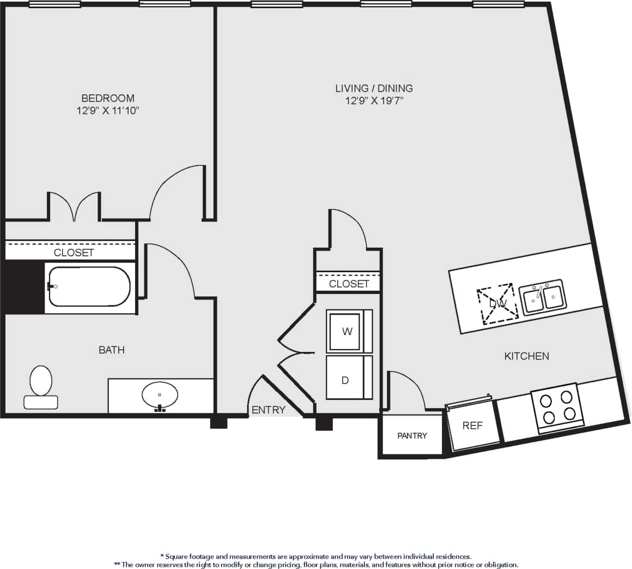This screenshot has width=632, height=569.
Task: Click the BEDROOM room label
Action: (108, 98)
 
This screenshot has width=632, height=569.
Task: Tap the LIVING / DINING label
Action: (374, 88)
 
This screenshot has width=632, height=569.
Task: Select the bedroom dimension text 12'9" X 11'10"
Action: (108, 111)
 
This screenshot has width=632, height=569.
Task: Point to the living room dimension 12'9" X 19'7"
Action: (374, 101)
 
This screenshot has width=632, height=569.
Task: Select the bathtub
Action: (89, 287)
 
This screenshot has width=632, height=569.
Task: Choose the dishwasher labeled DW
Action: (497, 303)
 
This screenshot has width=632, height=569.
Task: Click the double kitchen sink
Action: (543, 297)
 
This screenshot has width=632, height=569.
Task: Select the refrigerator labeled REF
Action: (472, 426)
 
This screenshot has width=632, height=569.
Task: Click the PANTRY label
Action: (412, 435)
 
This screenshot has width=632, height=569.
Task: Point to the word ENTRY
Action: (268, 410)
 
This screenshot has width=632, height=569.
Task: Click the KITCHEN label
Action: (526, 356)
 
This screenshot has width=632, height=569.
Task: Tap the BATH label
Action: (112, 350)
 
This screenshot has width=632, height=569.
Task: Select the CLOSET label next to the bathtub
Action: (74, 253)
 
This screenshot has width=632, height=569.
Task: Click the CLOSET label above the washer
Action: (349, 284)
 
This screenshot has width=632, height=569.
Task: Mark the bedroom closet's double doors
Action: (75, 207)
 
